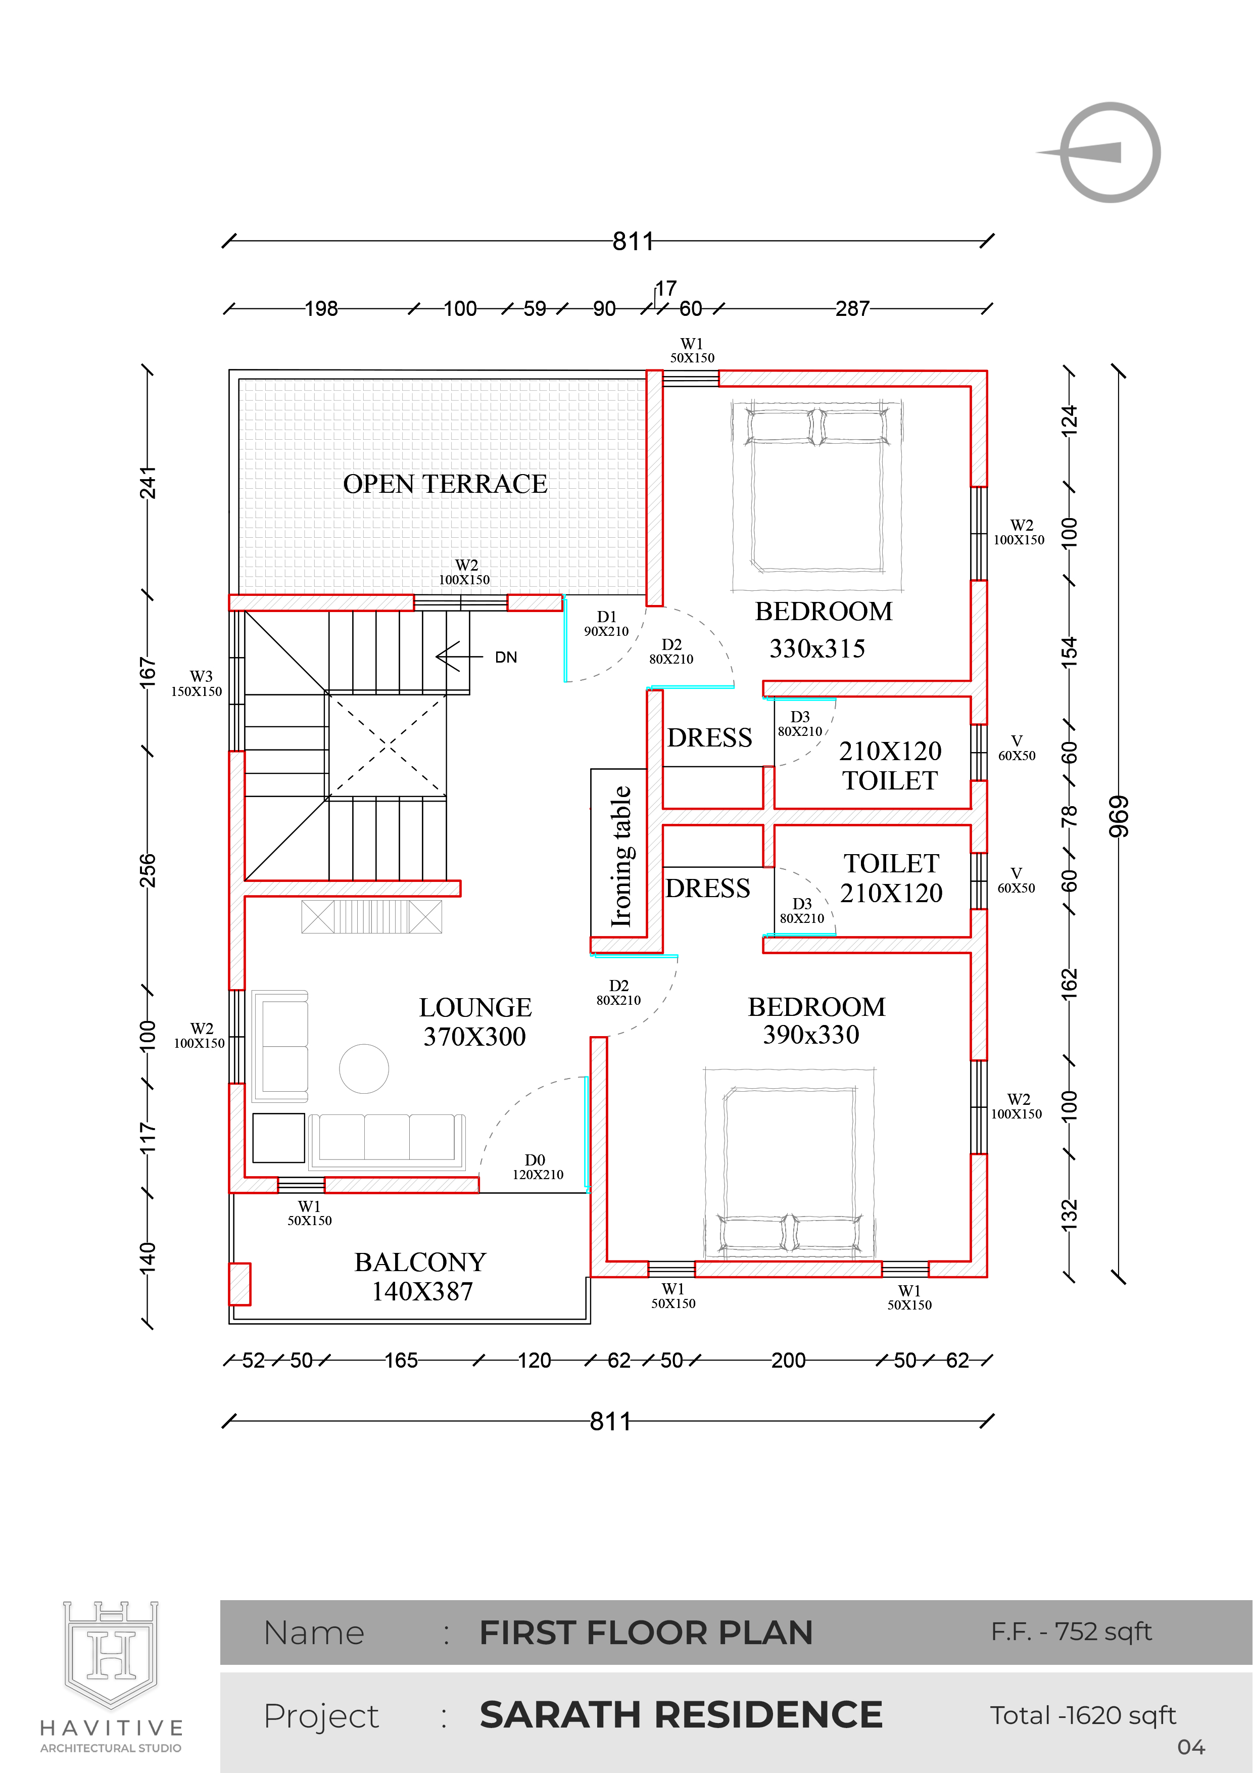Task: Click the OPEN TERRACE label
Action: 446,484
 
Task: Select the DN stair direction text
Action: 506,657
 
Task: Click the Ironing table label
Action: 621,856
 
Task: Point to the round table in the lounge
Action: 364,1069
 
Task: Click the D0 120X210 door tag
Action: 538,1167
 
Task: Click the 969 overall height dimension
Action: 1119,817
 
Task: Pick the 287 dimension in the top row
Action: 852,309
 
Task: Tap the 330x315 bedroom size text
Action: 817,648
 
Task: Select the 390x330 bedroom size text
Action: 810,1035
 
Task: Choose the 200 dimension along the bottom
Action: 788,1361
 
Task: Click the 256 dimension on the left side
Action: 148,870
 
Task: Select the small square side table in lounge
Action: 279,1138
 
